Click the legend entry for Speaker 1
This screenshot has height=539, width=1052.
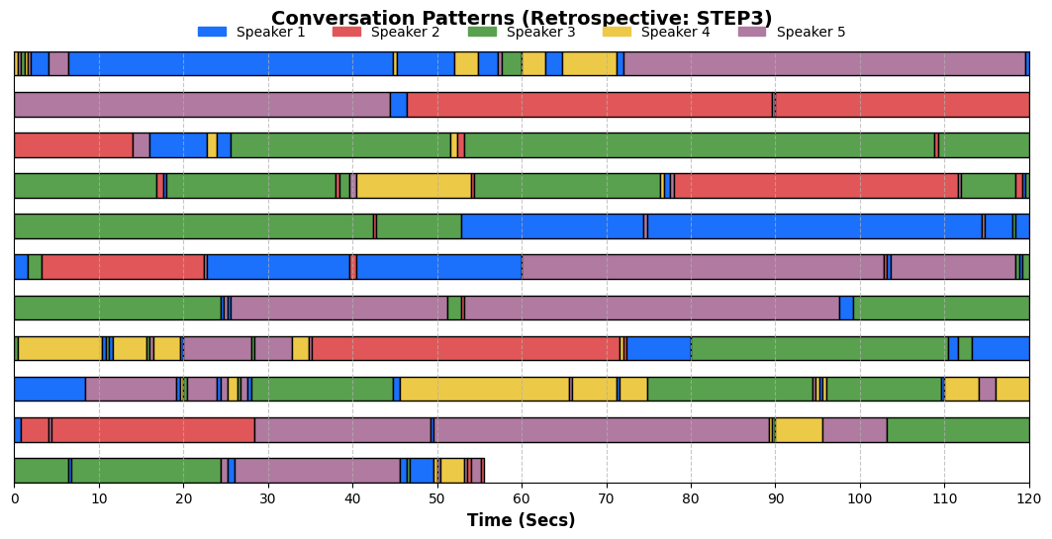[251, 32]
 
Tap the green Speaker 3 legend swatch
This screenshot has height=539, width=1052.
[482, 32]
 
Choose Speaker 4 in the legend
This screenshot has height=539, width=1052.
[656, 32]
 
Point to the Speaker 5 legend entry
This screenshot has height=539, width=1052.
[792, 32]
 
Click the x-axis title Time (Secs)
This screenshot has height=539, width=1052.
[522, 520]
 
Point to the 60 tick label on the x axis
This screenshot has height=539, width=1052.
[522, 498]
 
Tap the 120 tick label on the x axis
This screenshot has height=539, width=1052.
[1029, 498]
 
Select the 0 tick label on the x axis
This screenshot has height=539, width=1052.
[15, 498]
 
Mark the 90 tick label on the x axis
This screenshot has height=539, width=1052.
[776, 498]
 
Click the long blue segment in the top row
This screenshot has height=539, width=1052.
[231, 63]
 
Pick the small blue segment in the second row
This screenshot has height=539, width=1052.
[399, 105]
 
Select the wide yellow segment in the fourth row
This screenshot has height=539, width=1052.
[414, 186]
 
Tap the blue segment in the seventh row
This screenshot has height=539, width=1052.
[846, 308]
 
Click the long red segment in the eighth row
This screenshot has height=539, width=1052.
[466, 348]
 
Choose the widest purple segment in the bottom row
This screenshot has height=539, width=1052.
[318, 471]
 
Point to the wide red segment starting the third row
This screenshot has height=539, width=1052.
[74, 144]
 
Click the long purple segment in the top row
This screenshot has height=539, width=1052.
[824, 63]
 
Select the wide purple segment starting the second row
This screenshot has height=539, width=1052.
[203, 105]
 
